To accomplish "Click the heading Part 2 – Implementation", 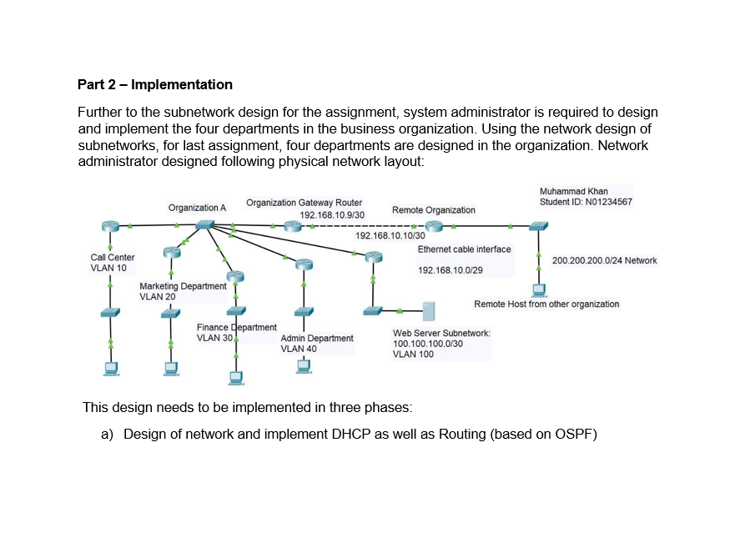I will (x=155, y=84).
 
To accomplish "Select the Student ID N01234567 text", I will (x=586, y=203).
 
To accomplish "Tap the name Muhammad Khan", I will (x=574, y=192).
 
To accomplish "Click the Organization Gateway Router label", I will (x=304, y=203).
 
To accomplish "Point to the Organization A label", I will (x=197, y=208).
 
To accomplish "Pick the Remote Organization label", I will (x=434, y=210).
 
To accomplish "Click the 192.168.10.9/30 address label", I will (x=332, y=214).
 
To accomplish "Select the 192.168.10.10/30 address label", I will (x=390, y=236).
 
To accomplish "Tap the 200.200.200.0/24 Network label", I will (x=604, y=260).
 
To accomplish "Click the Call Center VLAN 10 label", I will (x=113, y=263).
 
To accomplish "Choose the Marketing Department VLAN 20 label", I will (x=182, y=291).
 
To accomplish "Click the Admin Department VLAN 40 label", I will (x=317, y=343).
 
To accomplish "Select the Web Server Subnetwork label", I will (x=441, y=343).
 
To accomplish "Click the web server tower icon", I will (x=429, y=310).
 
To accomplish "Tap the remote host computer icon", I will (x=539, y=290).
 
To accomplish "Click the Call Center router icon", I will (x=109, y=225).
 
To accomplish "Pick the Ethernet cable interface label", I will (x=464, y=249).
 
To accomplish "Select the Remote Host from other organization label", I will (x=546, y=304).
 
